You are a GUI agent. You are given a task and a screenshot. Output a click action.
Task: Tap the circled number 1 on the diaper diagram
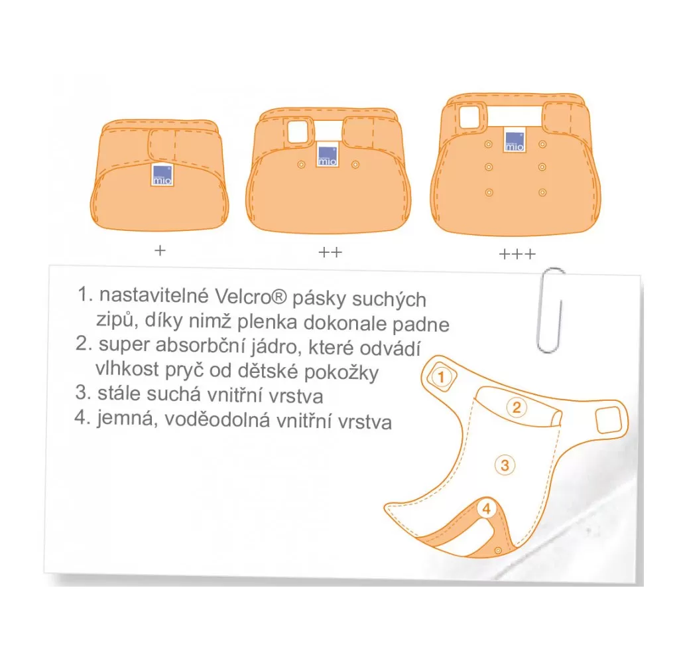(x=441, y=377)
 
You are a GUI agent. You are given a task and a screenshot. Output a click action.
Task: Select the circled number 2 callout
(x=516, y=407)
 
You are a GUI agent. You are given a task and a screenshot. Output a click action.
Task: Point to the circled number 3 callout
(x=505, y=465)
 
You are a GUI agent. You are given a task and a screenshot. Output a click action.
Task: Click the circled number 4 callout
(x=486, y=508)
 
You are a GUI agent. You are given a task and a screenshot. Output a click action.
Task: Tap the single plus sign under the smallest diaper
(x=160, y=250)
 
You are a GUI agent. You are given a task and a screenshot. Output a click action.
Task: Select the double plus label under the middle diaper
(x=330, y=252)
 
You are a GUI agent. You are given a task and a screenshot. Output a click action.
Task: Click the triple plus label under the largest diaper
(x=517, y=254)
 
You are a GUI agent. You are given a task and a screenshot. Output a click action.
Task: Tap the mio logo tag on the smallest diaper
(x=162, y=175)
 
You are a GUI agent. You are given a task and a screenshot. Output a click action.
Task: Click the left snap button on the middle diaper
(x=301, y=165)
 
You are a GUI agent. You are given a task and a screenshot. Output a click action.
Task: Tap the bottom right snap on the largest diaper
(x=542, y=192)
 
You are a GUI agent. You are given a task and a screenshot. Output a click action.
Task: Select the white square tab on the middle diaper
(x=297, y=131)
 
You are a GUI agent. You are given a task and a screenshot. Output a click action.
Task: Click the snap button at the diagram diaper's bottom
(x=498, y=550)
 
